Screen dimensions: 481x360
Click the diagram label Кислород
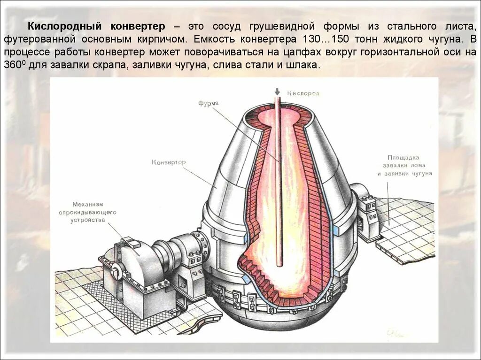(x=303, y=93)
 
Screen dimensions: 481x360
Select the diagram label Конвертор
(x=169, y=162)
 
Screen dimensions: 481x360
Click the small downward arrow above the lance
(x=277, y=92)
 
